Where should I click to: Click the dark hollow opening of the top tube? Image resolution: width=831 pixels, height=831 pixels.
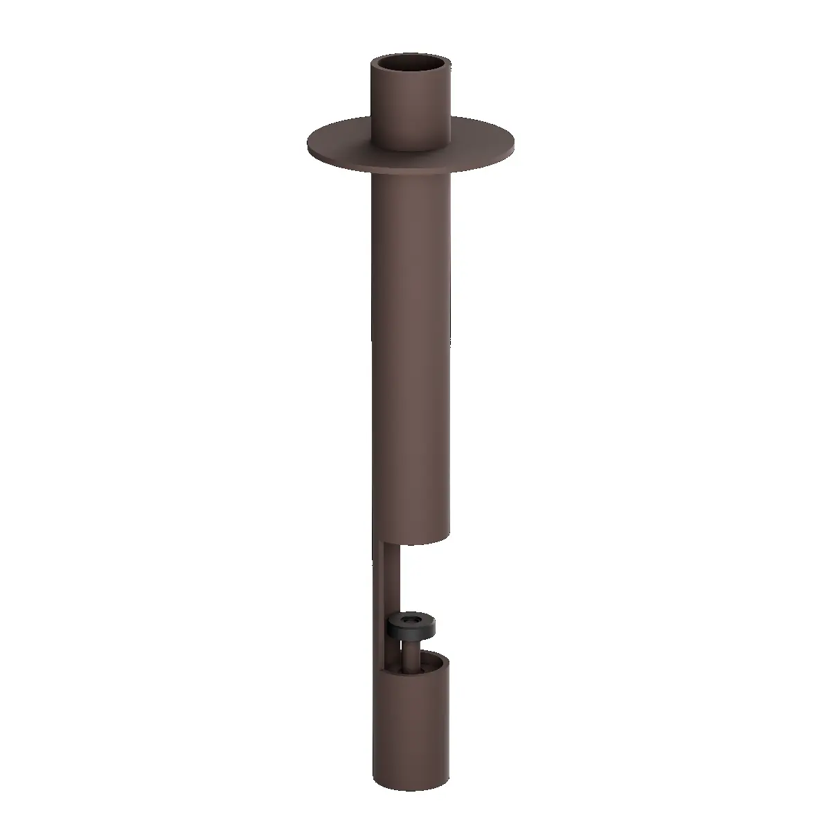(x=411, y=66)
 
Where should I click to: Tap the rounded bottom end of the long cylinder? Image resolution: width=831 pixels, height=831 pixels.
(x=411, y=540)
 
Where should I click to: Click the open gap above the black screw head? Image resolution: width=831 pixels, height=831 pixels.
(x=415, y=582)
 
